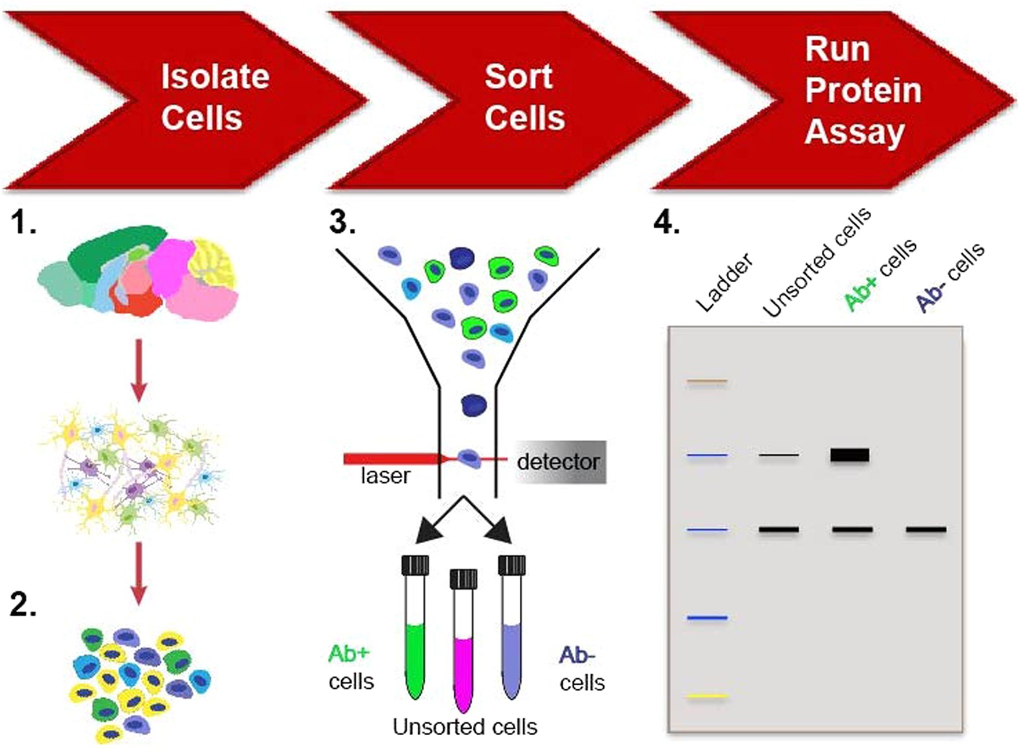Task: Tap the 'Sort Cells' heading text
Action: pyautogui.click(x=524, y=97)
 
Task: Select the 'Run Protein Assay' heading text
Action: pyautogui.click(x=862, y=90)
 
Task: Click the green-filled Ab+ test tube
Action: pyautogui.click(x=414, y=655)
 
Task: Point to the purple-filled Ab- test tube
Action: pyautogui.click(x=511, y=655)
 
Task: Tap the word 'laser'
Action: pyautogui.click(x=385, y=476)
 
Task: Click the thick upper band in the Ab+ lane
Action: pyautogui.click(x=850, y=455)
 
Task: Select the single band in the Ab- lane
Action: pyautogui.click(x=926, y=529)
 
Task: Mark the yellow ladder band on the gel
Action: pyautogui.click(x=707, y=696)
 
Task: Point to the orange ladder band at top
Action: pyautogui.click(x=707, y=382)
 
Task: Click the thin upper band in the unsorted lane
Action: pyautogui.click(x=779, y=456)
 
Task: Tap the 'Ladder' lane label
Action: pyautogui.click(x=724, y=283)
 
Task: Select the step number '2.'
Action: pyautogui.click(x=23, y=605)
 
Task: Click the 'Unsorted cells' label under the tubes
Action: pyautogui.click(x=465, y=727)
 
